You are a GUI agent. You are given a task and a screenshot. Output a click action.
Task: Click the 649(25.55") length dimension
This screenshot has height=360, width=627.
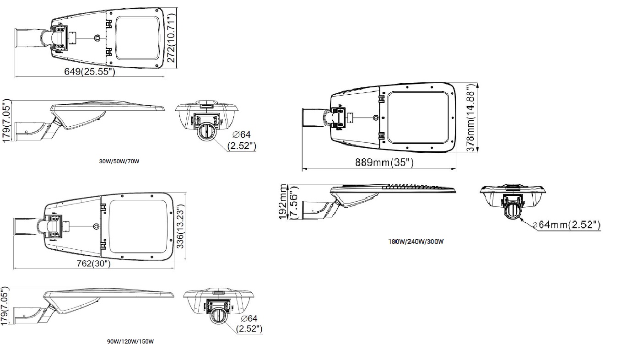click(x=90, y=72)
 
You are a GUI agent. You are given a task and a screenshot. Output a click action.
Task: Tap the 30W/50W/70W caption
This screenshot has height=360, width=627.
click(x=119, y=161)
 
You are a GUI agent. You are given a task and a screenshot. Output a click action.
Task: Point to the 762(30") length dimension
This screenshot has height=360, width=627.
click(x=94, y=263)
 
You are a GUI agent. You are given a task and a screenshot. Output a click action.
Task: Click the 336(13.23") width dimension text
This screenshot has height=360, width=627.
click(x=181, y=226)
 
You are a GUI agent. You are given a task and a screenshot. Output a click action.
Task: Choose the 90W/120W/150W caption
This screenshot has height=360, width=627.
click(x=130, y=342)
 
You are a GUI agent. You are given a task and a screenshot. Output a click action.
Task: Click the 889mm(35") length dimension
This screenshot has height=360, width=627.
click(x=384, y=162)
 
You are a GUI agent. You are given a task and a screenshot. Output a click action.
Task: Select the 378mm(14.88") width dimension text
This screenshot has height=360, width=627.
click(x=471, y=118)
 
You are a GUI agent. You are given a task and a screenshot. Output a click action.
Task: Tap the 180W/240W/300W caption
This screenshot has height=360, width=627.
click(x=416, y=242)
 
